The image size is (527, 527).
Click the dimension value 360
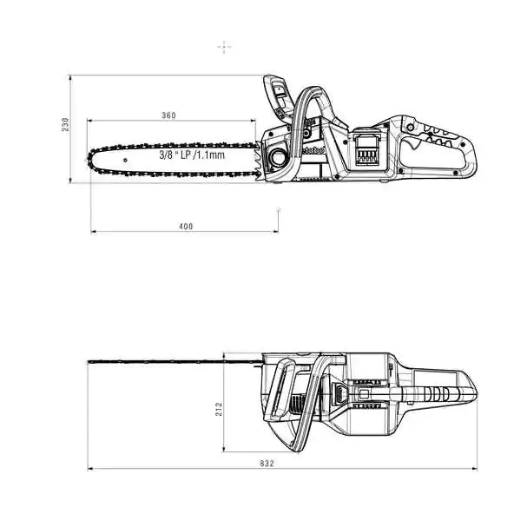(x=168, y=115)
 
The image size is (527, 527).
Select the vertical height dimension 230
(x=65, y=124)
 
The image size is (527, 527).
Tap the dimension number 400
(x=186, y=227)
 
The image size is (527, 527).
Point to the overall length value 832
(x=267, y=464)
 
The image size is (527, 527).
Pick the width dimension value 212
(x=219, y=409)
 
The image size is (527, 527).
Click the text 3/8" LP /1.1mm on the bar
(x=192, y=155)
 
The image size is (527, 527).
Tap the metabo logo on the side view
(x=313, y=150)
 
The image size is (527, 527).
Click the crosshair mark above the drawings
(x=224, y=47)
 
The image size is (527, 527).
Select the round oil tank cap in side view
(x=277, y=157)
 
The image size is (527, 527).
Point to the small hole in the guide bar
(x=125, y=161)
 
